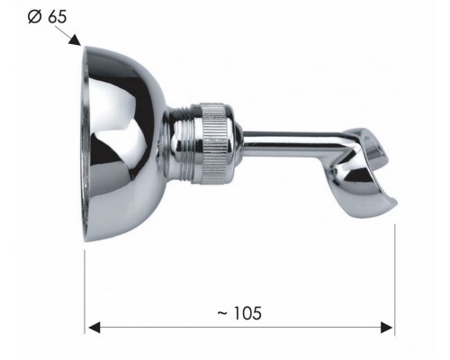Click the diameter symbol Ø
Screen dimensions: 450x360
34,17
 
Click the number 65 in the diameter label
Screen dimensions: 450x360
57,17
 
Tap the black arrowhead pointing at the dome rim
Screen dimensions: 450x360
75,40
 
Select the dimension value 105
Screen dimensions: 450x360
247,313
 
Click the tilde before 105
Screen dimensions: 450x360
222,313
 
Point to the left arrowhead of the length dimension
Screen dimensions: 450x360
94,328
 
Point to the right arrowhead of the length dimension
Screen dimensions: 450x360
387,328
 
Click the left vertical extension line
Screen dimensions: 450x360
85,292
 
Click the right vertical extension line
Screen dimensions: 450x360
394,280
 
